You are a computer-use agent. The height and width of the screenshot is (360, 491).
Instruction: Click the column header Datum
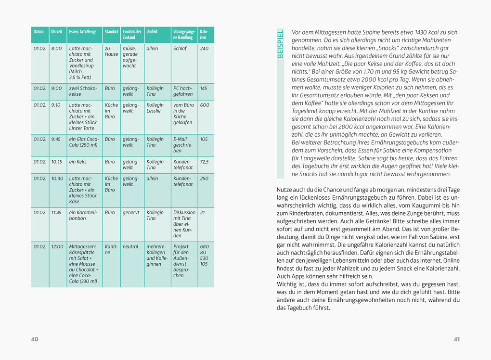[39, 32]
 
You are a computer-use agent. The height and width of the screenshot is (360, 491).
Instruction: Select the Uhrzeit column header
[56, 32]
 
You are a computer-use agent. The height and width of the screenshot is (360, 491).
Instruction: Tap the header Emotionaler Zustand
[131, 35]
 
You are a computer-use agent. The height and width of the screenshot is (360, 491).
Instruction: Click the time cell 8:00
[56, 49]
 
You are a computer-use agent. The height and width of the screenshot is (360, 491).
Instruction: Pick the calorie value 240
[204, 49]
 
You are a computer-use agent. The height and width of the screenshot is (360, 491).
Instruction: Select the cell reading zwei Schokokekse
[83, 91]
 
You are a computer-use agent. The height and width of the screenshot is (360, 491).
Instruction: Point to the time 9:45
[56, 139]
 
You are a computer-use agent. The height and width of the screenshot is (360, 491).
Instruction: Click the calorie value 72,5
[204, 162]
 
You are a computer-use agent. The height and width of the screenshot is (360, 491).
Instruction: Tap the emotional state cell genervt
[130, 212]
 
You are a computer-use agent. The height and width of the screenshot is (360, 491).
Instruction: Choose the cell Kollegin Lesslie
[155, 108]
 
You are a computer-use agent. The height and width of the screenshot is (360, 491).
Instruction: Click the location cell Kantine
[111, 249]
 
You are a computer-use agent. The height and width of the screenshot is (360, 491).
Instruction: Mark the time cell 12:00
[57, 246]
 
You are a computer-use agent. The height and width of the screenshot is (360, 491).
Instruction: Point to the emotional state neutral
[130, 246]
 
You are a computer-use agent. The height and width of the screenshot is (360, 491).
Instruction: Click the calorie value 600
[205, 105]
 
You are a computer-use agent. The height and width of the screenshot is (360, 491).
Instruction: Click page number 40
[35, 339]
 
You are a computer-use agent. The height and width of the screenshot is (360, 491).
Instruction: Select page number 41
[456, 339]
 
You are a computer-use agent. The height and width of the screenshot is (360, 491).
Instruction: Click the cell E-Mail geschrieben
[183, 145]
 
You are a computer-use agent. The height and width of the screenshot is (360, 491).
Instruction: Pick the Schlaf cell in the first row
[180, 49]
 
